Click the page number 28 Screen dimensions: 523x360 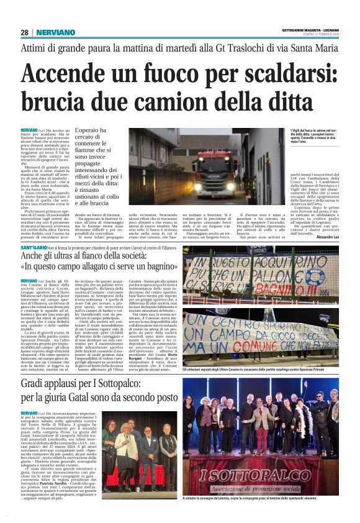click(x=24, y=32)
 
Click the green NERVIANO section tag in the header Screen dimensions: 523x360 click(x=56, y=32)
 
